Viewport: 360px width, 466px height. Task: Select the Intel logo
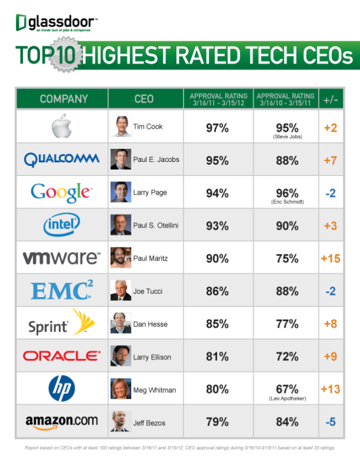[x=62, y=224]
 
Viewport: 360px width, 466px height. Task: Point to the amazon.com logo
[x=62, y=421]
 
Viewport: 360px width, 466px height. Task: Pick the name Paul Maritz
[x=148, y=258]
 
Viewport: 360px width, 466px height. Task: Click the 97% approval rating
[x=217, y=127]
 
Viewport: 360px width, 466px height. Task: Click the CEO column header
[x=144, y=99]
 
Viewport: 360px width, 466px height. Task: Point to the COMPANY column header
[x=64, y=99]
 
